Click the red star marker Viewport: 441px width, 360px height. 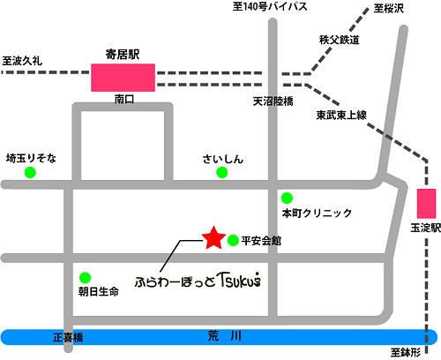213,237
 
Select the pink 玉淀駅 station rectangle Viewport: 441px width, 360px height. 427,204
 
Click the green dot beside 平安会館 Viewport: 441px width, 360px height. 233,240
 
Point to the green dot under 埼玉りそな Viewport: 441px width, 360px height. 31,173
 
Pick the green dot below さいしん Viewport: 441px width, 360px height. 221,173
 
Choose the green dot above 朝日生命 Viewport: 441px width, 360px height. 85,276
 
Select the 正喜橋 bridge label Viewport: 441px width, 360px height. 67,337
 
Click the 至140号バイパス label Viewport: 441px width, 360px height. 270,8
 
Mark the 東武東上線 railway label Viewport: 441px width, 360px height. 341,116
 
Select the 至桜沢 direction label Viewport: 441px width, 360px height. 388,9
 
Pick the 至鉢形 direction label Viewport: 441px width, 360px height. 405,352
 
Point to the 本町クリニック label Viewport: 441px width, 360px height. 317,214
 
